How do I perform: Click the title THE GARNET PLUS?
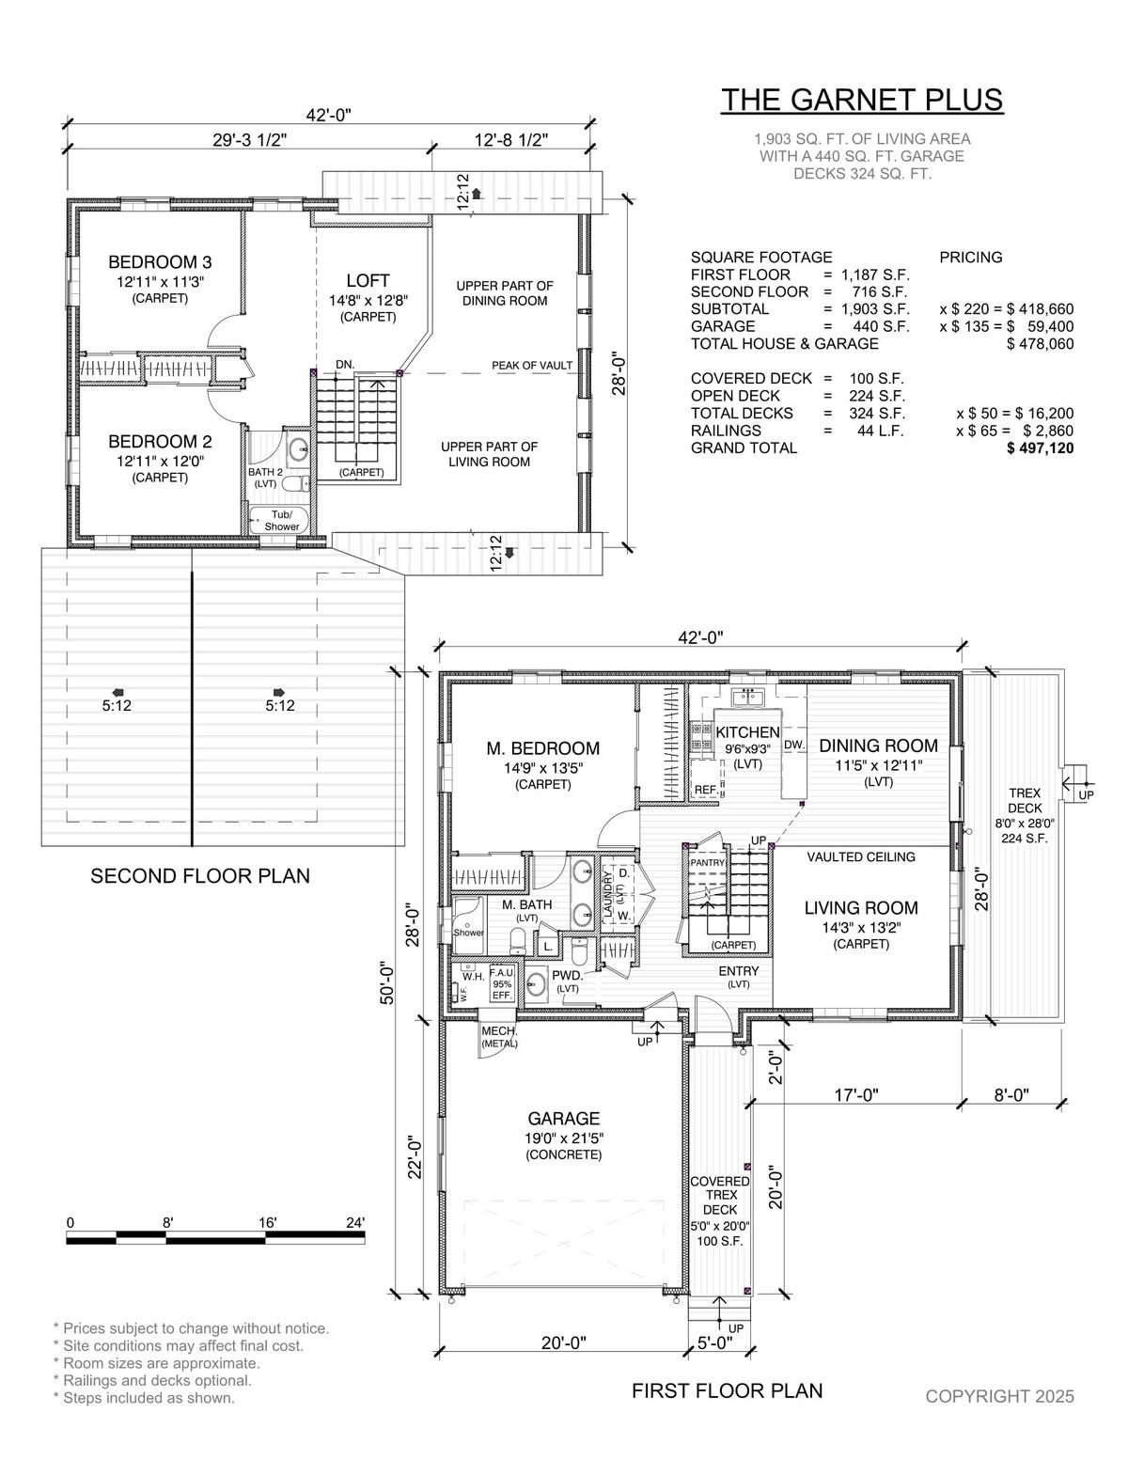tap(862, 100)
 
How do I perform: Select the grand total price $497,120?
tap(1040, 448)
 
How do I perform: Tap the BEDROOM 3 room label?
tap(160, 261)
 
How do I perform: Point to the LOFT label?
tap(368, 280)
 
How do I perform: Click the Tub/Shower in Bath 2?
tap(279, 521)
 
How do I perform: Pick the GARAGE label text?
tap(564, 1119)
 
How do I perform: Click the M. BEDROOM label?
tap(542, 748)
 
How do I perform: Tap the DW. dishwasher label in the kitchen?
tap(794, 746)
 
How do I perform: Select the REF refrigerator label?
tap(705, 790)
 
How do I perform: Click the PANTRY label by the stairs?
tap(708, 862)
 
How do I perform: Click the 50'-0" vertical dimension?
tap(387, 983)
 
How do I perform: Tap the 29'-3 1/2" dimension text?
tap(250, 140)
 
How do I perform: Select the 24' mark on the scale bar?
tap(355, 1222)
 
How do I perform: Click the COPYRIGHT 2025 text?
tap(999, 1396)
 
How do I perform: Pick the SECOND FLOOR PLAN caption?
tap(200, 876)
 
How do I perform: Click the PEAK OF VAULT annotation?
tap(532, 366)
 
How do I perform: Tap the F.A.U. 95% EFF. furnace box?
tap(502, 984)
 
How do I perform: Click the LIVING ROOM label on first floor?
tap(861, 908)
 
